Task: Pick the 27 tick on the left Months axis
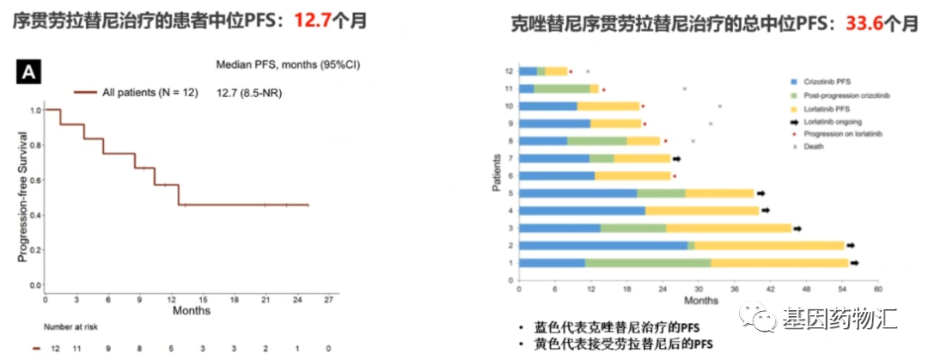(x=328, y=300)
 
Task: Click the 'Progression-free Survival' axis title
(x=22, y=197)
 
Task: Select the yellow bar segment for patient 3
(x=728, y=228)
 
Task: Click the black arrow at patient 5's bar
(x=761, y=193)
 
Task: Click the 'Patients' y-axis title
(x=497, y=168)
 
